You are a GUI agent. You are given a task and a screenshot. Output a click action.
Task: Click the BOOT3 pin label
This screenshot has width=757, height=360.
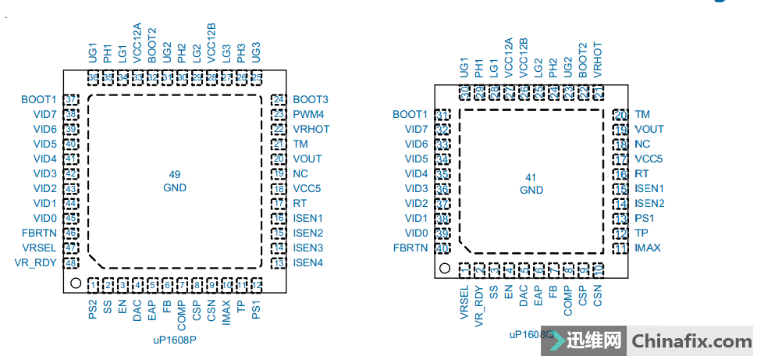[311, 100]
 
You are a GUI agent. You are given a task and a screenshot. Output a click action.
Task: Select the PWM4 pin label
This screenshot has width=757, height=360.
[309, 115]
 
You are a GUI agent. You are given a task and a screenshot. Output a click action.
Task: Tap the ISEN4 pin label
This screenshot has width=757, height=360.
[308, 263]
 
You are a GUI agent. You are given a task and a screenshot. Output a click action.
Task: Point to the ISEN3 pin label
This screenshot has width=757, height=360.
[308, 248]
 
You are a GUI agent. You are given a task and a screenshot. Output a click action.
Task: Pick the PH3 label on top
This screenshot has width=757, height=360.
[240, 53]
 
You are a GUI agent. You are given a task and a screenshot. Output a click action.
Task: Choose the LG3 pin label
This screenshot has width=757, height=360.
[226, 53]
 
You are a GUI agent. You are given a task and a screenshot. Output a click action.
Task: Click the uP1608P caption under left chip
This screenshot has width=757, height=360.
[173, 340]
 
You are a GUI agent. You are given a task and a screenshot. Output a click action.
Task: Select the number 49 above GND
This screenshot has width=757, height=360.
[175, 173]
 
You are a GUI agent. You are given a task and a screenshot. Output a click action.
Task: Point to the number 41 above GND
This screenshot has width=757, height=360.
[531, 176]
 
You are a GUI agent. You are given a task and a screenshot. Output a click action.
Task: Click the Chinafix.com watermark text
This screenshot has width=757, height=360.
[691, 341]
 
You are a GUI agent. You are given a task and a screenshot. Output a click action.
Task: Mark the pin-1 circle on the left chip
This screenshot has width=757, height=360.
[76, 284]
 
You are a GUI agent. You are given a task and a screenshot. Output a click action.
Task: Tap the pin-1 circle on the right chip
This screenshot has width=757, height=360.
[445, 269]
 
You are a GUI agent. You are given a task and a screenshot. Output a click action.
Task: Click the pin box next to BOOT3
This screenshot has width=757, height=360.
[278, 100]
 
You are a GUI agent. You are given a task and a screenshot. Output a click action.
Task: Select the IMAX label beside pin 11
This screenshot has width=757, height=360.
[648, 248]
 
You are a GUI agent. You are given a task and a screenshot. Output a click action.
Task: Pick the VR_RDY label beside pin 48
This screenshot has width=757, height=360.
[35, 263]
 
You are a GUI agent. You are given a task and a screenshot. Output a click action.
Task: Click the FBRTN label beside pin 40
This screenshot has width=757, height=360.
[410, 248]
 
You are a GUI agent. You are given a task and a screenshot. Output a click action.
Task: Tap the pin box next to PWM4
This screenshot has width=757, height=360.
[278, 115]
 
